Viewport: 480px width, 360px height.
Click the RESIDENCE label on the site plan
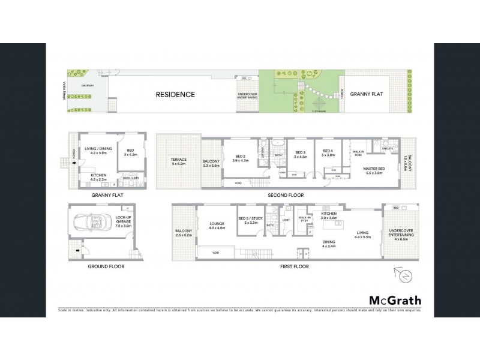point(175,94)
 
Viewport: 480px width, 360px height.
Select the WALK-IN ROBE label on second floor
point(358,154)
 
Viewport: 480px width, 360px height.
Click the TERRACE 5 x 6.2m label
point(178,161)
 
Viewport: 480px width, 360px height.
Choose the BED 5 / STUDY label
point(248,220)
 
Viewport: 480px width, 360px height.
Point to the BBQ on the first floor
point(395,208)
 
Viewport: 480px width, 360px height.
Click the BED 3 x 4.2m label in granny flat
point(130,153)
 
